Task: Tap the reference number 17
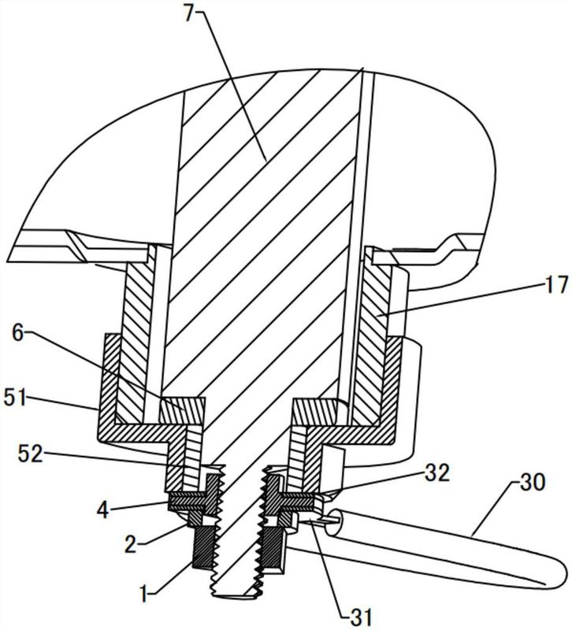(559, 285)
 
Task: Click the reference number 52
(31, 454)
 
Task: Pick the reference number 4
(103, 511)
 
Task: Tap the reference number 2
(130, 545)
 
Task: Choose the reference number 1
(144, 594)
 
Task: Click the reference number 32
(437, 473)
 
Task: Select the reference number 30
(533, 482)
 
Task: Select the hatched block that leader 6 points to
(182, 410)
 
